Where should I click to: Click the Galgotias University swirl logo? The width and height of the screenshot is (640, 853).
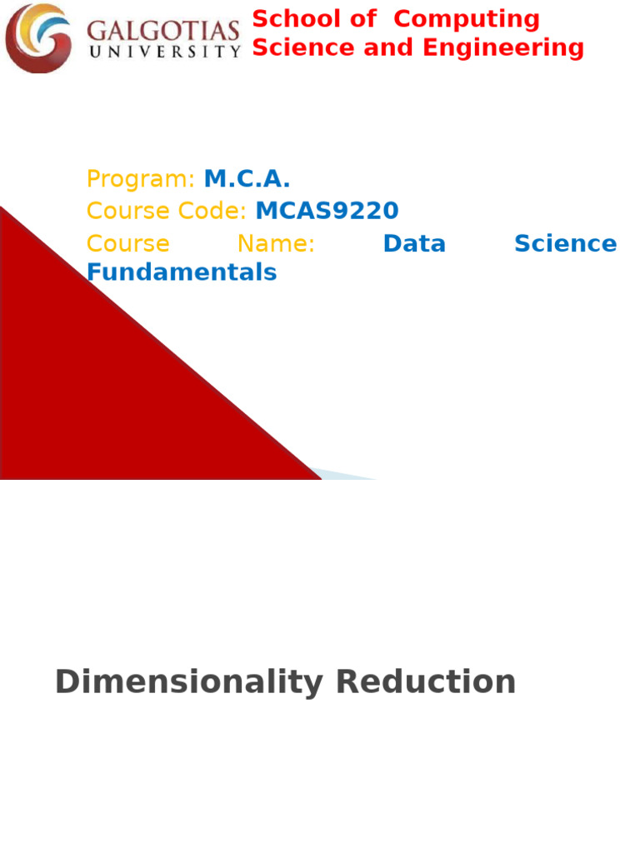click(38, 38)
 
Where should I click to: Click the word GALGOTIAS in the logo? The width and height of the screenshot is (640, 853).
click(163, 32)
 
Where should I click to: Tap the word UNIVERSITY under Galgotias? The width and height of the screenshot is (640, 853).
click(163, 52)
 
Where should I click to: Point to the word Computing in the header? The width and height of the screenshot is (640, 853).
click(467, 19)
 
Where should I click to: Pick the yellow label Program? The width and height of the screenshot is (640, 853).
click(140, 179)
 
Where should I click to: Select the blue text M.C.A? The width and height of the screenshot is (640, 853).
click(247, 179)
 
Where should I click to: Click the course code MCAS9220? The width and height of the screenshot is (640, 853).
click(327, 212)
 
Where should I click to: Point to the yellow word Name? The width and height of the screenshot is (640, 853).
click(276, 244)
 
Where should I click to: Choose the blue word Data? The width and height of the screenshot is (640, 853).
click(414, 244)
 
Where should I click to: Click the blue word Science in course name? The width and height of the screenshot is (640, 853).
click(565, 244)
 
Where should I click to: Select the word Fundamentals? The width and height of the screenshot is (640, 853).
click(182, 272)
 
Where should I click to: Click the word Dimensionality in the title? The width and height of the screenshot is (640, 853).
click(188, 682)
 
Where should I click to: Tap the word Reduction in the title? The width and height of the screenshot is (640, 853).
click(425, 682)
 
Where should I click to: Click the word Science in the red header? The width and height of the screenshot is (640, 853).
click(298, 48)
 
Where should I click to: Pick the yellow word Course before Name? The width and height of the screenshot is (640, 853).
click(127, 244)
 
